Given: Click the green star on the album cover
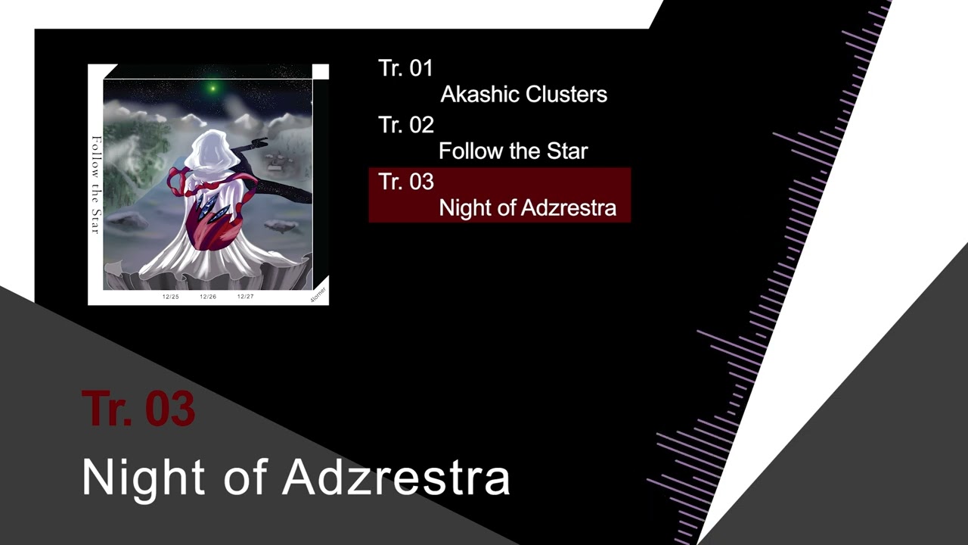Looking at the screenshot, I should pyautogui.click(x=213, y=89).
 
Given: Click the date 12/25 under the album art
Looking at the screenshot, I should pyautogui.click(x=171, y=297).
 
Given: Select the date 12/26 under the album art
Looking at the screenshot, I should pyautogui.click(x=208, y=297).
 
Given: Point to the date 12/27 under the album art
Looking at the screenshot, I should pyautogui.click(x=245, y=297).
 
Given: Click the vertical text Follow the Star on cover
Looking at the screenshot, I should pyautogui.click(x=96, y=185).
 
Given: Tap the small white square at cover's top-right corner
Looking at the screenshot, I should pyautogui.click(x=321, y=72).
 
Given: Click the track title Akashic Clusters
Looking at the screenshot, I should pyautogui.click(x=523, y=95).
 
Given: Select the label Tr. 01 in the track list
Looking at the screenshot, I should pyautogui.click(x=405, y=68).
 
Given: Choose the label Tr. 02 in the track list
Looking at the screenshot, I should pyautogui.click(x=405, y=125).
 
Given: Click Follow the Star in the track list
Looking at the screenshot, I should pyautogui.click(x=513, y=151).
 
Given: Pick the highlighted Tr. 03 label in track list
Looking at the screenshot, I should pyautogui.click(x=405, y=182).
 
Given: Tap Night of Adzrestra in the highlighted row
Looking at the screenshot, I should pyautogui.click(x=527, y=208).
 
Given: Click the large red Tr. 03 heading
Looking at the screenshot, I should pyautogui.click(x=138, y=409).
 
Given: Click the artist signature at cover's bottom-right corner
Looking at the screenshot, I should pyautogui.click(x=318, y=294).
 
